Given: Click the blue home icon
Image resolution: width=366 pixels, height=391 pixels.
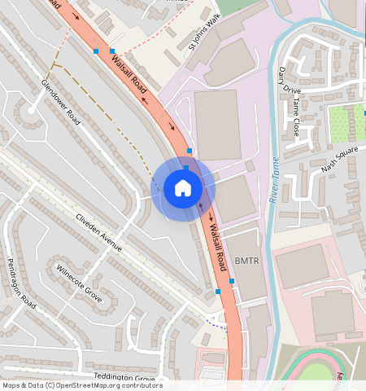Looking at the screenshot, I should pos(183,189).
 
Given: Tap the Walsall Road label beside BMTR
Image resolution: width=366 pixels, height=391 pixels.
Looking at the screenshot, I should pos(215,248).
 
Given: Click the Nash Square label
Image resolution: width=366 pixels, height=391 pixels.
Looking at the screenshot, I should pos(339,161).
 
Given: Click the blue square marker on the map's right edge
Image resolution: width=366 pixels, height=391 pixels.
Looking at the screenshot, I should pos(364,114).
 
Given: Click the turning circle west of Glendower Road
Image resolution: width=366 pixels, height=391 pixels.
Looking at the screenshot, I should pos(31,110).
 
